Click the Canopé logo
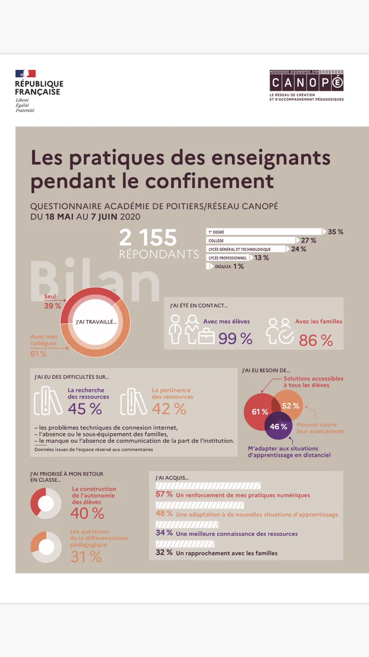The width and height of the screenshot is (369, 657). pos(306,85)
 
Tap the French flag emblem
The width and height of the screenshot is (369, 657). pos(26,73)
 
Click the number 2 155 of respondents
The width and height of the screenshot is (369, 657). pos(148,238)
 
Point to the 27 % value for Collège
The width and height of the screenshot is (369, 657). pos(309,240)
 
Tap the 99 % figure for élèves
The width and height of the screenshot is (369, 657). pos(236,338)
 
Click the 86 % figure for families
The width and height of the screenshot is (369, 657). pos(316,341)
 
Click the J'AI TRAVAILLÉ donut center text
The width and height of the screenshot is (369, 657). pos(96,322)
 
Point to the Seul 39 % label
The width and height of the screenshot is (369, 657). pos(52,301)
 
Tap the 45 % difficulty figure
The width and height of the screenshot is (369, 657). pos(85,409)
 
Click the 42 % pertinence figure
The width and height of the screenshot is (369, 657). pos(169,409)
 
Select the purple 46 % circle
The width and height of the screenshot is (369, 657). pos(278,426)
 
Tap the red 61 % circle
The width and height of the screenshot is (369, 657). pos(259,411)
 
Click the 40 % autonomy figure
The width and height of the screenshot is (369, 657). pos(87,514)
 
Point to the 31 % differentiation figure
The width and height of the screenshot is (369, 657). pos(86,556)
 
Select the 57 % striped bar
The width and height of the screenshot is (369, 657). pos(208,486)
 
